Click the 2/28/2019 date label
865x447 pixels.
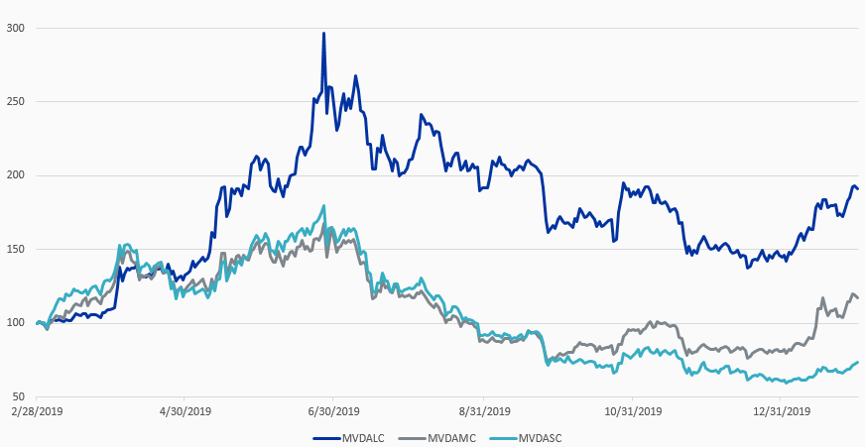click(x=36, y=410)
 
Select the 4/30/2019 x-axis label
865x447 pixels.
click(x=185, y=410)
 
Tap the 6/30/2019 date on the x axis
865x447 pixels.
click(x=333, y=410)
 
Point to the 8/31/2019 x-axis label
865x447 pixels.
click(x=483, y=410)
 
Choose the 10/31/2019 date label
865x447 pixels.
click(x=632, y=410)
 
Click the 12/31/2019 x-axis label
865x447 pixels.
click(x=782, y=410)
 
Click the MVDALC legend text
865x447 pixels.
click(x=363, y=437)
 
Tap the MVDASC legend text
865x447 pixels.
click(x=541, y=437)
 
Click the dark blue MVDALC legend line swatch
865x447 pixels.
click(x=326, y=437)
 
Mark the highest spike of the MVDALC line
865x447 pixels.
click(x=323, y=33)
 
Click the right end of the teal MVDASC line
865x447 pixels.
click(x=858, y=362)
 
